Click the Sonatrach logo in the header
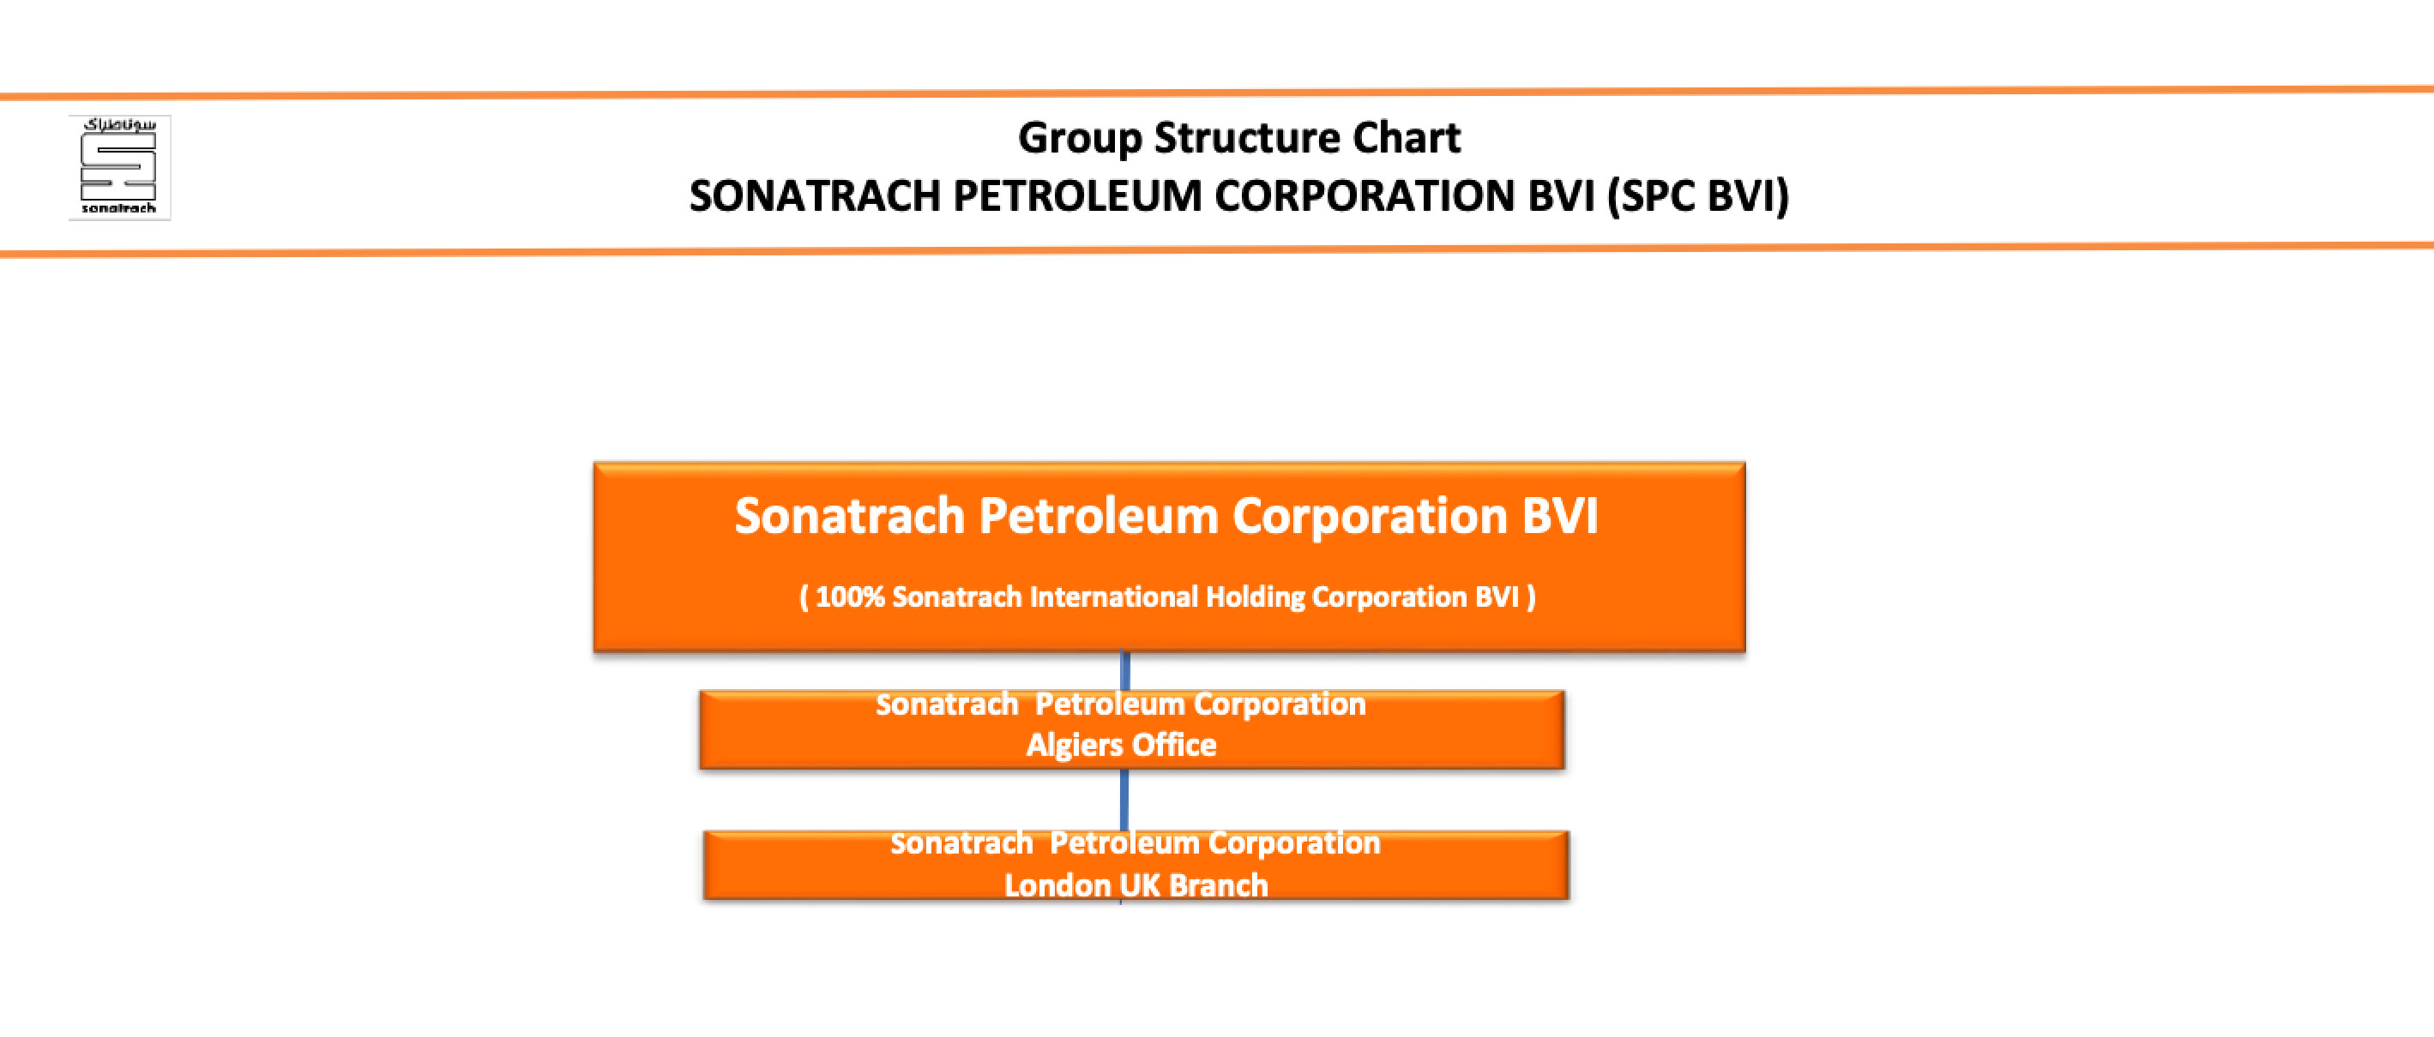pos(119,167)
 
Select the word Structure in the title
pos(1247,138)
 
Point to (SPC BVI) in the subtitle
pos(1699,196)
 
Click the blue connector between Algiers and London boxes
pos(1124,800)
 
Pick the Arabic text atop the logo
pos(119,124)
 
